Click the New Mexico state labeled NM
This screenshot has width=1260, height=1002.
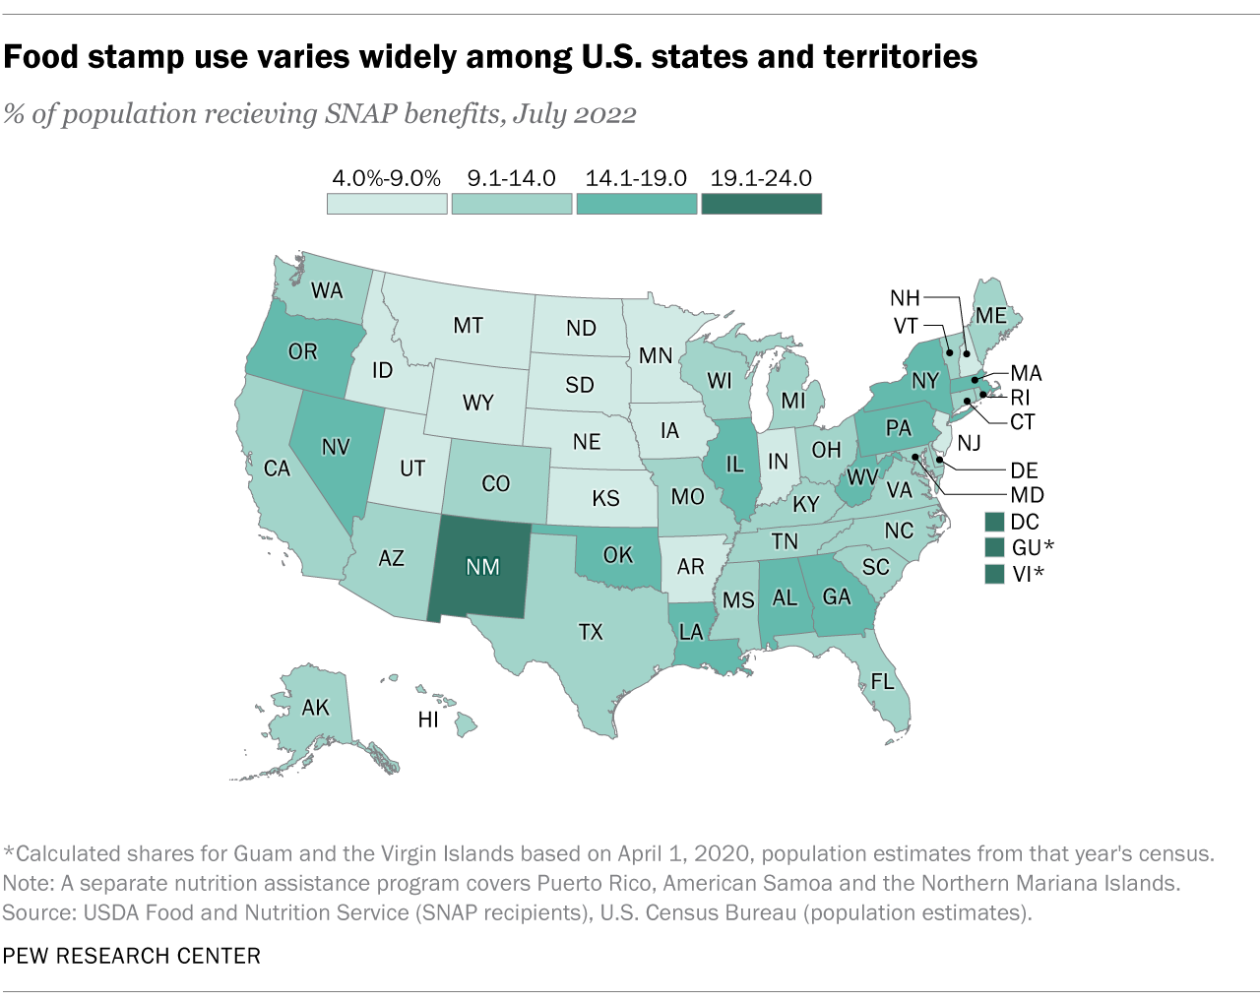pyautogui.click(x=482, y=567)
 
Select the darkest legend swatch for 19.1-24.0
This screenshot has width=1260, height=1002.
pyautogui.click(x=761, y=204)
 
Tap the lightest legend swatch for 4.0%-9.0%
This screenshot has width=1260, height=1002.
pyautogui.click(x=387, y=204)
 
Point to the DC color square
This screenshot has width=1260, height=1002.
pyautogui.click(x=994, y=522)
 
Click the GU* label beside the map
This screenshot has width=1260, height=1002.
pyautogui.click(x=1033, y=548)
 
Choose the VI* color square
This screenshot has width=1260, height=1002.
pyautogui.click(x=994, y=574)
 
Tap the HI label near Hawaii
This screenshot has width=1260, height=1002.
pyautogui.click(x=428, y=720)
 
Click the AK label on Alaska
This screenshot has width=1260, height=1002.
pyautogui.click(x=315, y=708)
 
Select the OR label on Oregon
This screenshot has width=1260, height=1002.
pyautogui.click(x=302, y=351)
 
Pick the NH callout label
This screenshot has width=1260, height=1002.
pyautogui.click(x=905, y=297)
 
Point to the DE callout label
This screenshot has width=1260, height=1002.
pyautogui.click(x=1024, y=470)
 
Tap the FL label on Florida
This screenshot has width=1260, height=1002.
pyautogui.click(x=882, y=681)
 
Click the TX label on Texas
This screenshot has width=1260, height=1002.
pyautogui.click(x=591, y=632)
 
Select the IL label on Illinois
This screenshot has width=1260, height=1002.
pyautogui.click(x=734, y=465)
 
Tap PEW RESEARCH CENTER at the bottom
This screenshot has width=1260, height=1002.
pyautogui.click(x=131, y=956)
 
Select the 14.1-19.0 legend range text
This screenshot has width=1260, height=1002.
pyautogui.click(x=636, y=178)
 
